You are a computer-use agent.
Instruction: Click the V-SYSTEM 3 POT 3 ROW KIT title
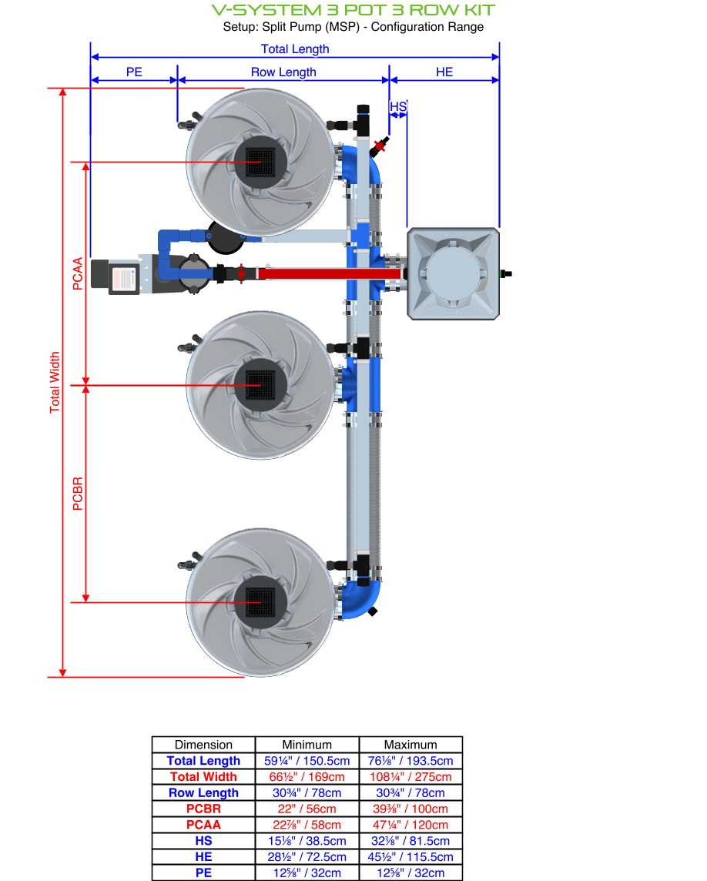[x=353, y=10]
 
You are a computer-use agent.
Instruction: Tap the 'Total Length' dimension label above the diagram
[x=295, y=49]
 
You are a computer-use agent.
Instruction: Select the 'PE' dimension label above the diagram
[x=134, y=72]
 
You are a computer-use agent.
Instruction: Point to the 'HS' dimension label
[x=397, y=106]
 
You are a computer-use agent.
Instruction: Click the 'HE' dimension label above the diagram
[x=444, y=72]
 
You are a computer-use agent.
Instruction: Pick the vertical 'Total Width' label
[x=55, y=383]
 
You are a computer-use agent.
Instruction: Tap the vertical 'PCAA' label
[x=77, y=274]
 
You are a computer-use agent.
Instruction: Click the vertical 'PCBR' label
[x=77, y=494]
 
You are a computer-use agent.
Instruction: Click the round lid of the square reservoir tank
[x=454, y=273]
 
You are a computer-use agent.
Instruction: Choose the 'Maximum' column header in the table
[x=410, y=745]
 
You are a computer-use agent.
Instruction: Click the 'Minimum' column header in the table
[x=307, y=745]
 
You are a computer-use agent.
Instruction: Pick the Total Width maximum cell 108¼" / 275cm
[x=410, y=777]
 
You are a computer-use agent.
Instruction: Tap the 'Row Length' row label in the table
[x=203, y=793]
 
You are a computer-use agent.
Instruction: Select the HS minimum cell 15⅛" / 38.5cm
[x=307, y=841]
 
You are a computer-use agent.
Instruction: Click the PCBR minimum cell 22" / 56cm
[x=307, y=809]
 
